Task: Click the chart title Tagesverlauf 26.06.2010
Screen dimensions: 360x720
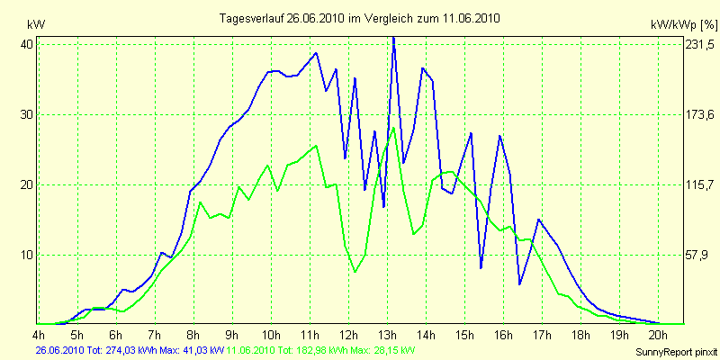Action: pyautogui.click(x=360, y=17)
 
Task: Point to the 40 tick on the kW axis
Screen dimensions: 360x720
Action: pyautogui.click(x=27, y=44)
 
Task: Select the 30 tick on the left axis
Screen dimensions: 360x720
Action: pyautogui.click(x=27, y=114)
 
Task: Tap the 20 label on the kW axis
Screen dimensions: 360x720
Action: pyautogui.click(x=27, y=184)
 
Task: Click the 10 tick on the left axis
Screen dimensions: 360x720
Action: pyautogui.click(x=27, y=255)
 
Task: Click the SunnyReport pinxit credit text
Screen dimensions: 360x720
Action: pyautogui.click(x=674, y=350)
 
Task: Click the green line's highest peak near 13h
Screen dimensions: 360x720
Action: pyautogui.click(x=393, y=128)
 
